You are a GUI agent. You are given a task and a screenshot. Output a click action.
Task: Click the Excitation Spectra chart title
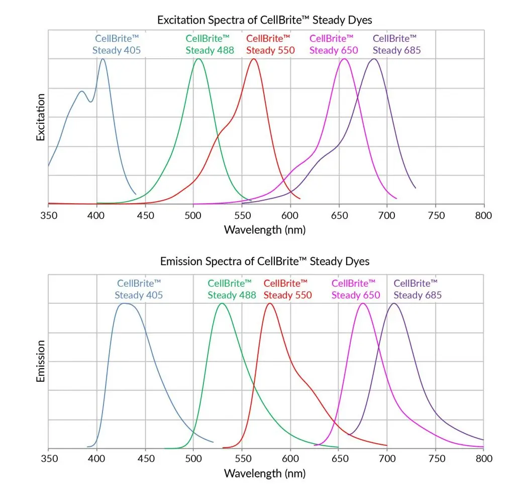(x=264, y=20)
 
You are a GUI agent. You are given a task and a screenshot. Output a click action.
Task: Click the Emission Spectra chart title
(x=264, y=262)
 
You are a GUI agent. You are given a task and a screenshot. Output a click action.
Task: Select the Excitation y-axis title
(x=41, y=117)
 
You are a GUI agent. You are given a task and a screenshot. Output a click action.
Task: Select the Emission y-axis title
(x=41, y=361)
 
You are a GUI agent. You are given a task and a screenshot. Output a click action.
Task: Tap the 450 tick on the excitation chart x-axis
(x=145, y=216)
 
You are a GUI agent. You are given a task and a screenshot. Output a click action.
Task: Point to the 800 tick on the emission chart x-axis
(x=483, y=459)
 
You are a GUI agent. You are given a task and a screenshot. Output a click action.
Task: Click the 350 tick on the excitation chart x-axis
(x=49, y=216)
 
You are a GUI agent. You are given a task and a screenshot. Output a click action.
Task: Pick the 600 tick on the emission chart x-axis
(x=290, y=459)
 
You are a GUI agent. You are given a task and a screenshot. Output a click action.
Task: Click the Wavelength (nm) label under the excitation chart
(x=264, y=230)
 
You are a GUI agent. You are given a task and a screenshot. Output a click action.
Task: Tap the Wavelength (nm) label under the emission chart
(x=264, y=473)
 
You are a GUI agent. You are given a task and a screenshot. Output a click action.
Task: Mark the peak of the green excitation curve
(x=198, y=59)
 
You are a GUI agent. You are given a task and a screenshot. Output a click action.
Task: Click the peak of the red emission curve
(x=270, y=303)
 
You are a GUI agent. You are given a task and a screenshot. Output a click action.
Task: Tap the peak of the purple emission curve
(x=394, y=303)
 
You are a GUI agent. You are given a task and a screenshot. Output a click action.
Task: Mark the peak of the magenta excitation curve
(x=344, y=59)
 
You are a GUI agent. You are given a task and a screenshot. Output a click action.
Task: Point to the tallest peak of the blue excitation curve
(x=103, y=59)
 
